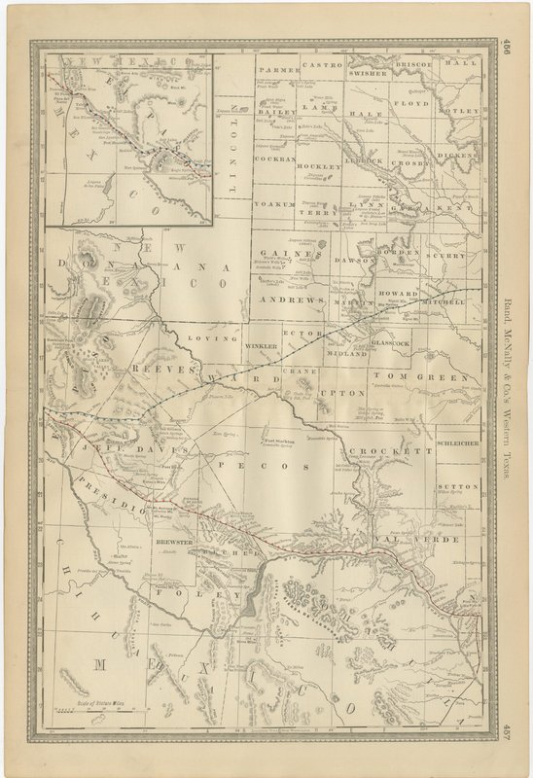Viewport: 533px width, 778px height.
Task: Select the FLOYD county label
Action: click(410, 102)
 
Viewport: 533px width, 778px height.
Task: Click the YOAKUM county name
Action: click(274, 205)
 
